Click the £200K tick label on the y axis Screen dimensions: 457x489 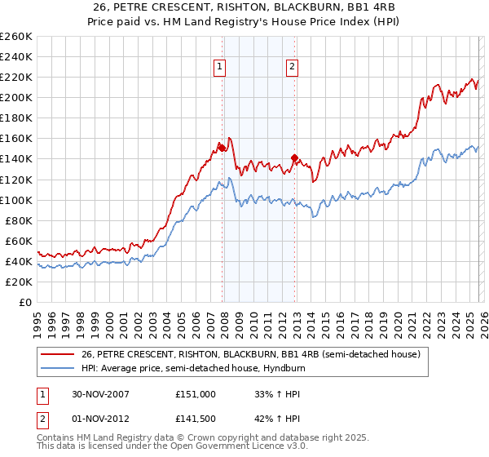[x=16, y=97]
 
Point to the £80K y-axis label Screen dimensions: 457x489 [x=18, y=220]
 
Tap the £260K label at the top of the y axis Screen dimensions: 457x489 [x=16, y=36]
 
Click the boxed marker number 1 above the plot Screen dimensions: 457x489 [x=220, y=68]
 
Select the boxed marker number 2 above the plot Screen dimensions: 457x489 [x=291, y=68]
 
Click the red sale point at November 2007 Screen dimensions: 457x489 [x=222, y=148]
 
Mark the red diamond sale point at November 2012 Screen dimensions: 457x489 [x=294, y=158]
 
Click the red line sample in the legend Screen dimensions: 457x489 [x=58, y=354]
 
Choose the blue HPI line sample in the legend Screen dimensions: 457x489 [x=58, y=368]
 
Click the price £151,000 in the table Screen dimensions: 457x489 [x=195, y=393]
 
